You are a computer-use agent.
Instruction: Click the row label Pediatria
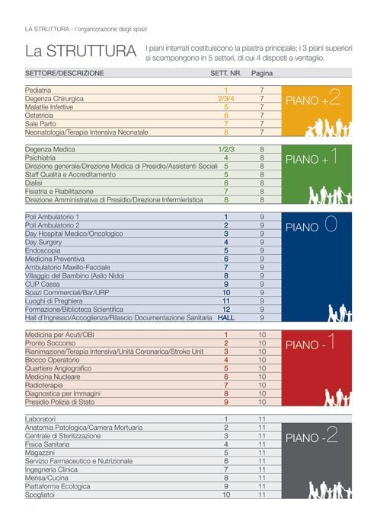click(x=38, y=91)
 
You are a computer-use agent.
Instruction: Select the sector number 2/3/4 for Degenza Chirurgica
click(x=226, y=99)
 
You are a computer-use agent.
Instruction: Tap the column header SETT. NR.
click(x=226, y=73)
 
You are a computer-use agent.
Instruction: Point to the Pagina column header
click(x=262, y=73)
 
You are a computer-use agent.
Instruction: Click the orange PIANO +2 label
click(x=313, y=98)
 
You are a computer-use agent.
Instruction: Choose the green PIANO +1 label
click(x=312, y=157)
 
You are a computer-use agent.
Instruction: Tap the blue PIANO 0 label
click(x=312, y=225)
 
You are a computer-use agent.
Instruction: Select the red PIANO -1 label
click(x=310, y=343)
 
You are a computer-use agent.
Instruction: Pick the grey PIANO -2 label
click(x=312, y=436)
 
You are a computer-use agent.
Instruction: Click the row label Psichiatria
click(x=40, y=157)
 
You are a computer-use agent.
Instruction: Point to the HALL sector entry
click(x=226, y=318)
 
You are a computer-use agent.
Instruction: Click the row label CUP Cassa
click(x=42, y=285)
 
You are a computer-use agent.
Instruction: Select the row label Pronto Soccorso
click(x=50, y=343)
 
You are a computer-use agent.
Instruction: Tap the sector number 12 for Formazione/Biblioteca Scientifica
click(x=226, y=310)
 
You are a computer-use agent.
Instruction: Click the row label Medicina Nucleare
click(x=53, y=377)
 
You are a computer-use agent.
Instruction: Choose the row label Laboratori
click(x=40, y=419)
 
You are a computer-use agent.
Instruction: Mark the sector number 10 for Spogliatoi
click(x=226, y=495)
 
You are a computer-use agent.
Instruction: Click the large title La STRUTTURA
click(x=81, y=51)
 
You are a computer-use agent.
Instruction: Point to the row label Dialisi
click(x=34, y=183)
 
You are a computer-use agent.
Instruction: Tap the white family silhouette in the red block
click(x=338, y=397)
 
